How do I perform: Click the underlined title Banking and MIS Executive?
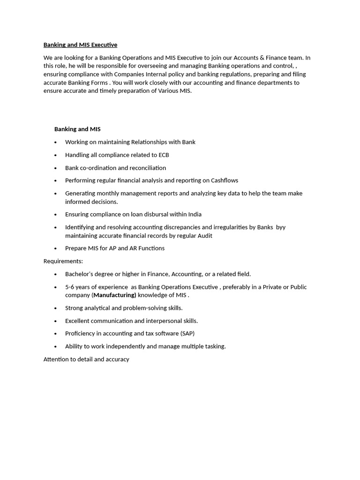coord(80,45)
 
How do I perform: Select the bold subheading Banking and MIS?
coord(77,129)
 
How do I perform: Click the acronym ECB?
coord(163,155)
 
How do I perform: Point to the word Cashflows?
coord(225,180)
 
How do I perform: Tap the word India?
coord(195,214)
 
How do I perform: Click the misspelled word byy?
coord(280,227)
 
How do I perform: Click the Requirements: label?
coord(63,261)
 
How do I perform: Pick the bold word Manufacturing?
coord(115,295)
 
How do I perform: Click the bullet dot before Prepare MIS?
coord(55,249)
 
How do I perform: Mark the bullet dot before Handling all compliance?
coord(55,155)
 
